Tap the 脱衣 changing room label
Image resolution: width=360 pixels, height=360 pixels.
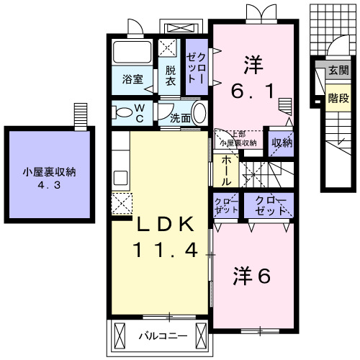[x=170, y=76]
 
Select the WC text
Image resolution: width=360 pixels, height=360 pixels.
[x=140, y=113]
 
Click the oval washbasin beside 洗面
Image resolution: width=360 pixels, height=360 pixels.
[x=199, y=114]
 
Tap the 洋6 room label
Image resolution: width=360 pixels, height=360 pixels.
[x=252, y=276]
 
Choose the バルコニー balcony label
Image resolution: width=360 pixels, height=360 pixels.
[x=163, y=336]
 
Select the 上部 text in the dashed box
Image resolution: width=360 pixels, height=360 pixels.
[x=238, y=134]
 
